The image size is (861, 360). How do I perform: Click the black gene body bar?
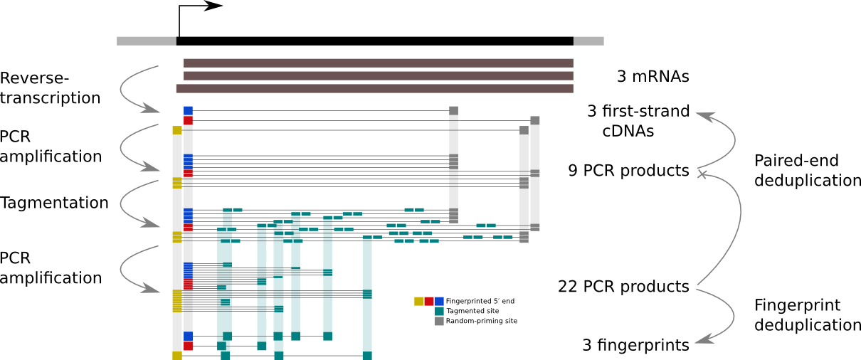coord(375,41)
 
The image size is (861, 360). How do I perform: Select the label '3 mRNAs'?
coord(653,76)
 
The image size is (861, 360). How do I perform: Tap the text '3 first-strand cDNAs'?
coord(638,121)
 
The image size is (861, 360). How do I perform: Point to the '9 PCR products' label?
coord(629,171)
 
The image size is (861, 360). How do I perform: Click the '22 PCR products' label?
coord(623,287)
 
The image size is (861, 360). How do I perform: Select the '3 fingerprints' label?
coord(635,345)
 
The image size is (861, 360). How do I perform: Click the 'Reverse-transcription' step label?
coord(50,88)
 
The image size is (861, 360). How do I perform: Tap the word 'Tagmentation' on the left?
coord(54,203)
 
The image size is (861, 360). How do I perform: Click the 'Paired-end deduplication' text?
coord(807,171)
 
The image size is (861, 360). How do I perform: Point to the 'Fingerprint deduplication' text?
coord(807,315)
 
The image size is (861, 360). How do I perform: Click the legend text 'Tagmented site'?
coord(472,311)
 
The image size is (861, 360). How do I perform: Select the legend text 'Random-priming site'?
coord(481,321)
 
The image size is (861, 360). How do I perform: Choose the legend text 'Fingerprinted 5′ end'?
coord(480,301)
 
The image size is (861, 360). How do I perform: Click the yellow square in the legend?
coord(418,301)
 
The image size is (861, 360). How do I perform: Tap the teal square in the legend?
coord(439,311)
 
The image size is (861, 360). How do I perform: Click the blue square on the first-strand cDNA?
coord(188,111)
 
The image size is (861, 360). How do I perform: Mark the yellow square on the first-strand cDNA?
coord(176,130)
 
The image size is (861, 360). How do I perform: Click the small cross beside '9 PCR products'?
coord(702,174)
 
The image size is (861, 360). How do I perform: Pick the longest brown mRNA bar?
coord(375,89)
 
